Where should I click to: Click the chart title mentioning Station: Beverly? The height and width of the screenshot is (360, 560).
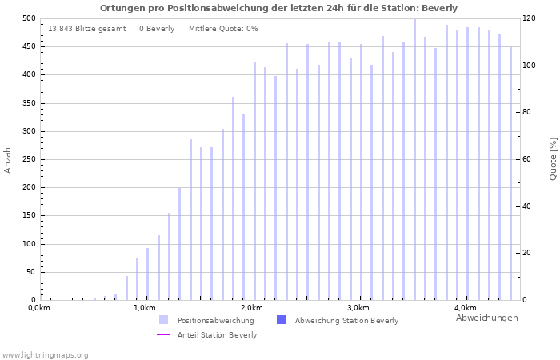pyautogui.click(x=278, y=8)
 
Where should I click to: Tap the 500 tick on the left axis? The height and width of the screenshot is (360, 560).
pyautogui.click(x=28, y=18)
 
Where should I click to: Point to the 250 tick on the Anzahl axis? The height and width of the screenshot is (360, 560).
pyautogui.click(x=28, y=159)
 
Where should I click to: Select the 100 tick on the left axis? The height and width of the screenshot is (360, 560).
pyautogui.click(x=28, y=244)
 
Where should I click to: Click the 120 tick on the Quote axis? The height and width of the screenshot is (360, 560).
pyautogui.click(x=529, y=18)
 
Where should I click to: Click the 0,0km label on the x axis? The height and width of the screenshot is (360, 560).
pyautogui.click(x=38, y=308)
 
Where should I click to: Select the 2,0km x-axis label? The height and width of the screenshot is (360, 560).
pyautogui.click(x=252, y=308)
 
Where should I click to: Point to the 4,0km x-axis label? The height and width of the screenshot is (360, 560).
pyautogui.click(x=465, y=308)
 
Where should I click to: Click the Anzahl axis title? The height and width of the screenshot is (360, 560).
pyautogui.click(x=8, y=158)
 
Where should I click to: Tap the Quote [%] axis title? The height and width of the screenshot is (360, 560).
pyautogui.click(x=553, y=158)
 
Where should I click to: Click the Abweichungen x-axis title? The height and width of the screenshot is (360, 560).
pyautogui.click(x=486, y=318)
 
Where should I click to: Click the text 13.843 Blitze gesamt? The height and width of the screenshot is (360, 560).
pyautogui.click(x=86, y=29)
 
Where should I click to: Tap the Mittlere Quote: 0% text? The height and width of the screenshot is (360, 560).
pyautogui.click(x=223, y=29)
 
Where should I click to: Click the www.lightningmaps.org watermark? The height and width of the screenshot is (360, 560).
pyautogui.click(x=45, y=354)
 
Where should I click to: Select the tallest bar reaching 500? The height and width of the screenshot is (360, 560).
pyautogui.click(x=414, y=160)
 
